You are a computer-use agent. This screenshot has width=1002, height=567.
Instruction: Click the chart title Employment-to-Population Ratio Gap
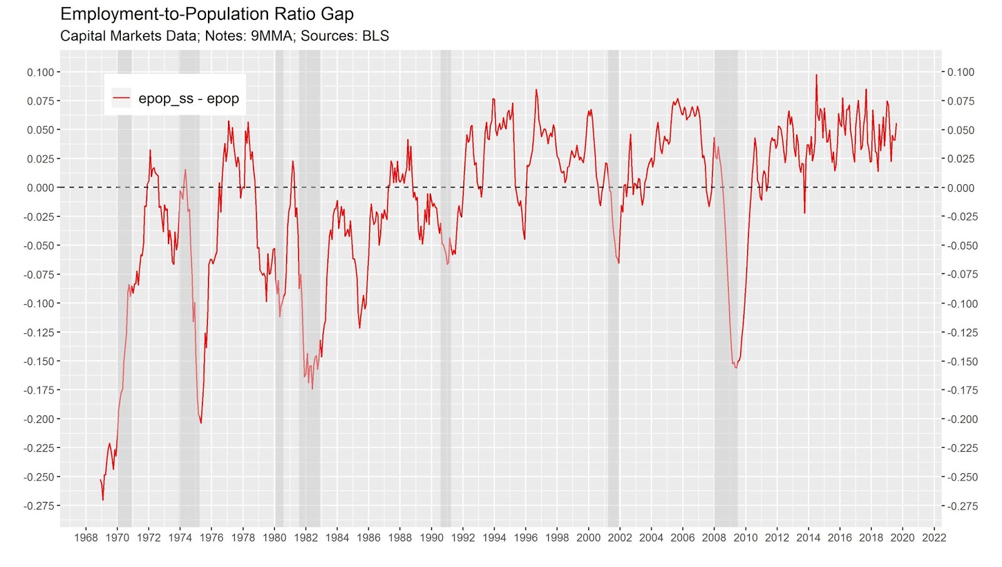(207, 14)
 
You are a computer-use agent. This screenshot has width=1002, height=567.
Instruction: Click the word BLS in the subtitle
(375, 36)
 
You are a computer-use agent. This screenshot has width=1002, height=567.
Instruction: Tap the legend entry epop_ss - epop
(189, 98)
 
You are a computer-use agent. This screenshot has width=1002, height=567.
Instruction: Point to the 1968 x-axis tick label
(86, 538)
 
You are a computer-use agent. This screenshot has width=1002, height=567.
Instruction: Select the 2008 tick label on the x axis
(714, 538)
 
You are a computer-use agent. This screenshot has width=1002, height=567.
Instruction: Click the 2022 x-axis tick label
(934, 538)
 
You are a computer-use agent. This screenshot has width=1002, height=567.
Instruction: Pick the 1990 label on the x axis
(431, 538)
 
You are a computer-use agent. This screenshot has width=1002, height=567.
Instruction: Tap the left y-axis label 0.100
(40, 72)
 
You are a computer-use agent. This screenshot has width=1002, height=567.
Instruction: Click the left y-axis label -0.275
(38, 506)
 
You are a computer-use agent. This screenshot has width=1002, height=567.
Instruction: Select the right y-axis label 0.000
(961, 188)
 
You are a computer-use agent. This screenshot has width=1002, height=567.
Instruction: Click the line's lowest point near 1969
(103, 499)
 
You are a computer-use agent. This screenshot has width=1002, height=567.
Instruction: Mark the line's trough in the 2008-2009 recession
(736, 367)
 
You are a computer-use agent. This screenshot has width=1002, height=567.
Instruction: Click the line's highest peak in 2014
(816, 75)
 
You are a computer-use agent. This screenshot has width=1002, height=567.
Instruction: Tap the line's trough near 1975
(201, 423)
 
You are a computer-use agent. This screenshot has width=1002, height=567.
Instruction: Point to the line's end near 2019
(896, 123)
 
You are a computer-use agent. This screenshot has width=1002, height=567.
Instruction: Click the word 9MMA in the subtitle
(272, 36)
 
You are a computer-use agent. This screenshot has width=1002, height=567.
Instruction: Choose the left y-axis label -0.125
(38, 332)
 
